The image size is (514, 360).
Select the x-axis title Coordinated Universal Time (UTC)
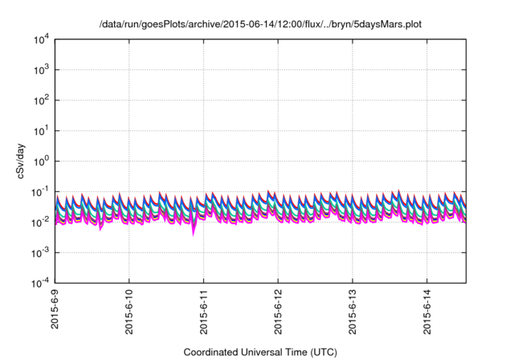pos(260,352)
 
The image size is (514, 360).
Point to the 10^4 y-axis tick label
pos(41,39)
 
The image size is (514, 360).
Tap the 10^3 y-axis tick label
pos(41,70)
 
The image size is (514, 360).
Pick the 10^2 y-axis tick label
pos(41,100)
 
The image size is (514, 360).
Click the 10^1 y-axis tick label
pos(41,130)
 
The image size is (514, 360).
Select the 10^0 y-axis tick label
pos(41,161)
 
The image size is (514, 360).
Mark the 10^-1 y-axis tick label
pos(40,191)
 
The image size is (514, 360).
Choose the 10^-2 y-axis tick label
pos(40,222)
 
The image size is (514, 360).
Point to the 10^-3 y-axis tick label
pos(40,252)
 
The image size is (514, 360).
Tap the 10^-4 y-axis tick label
pos(40,282)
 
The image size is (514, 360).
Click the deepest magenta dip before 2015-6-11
pos(194,234)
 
